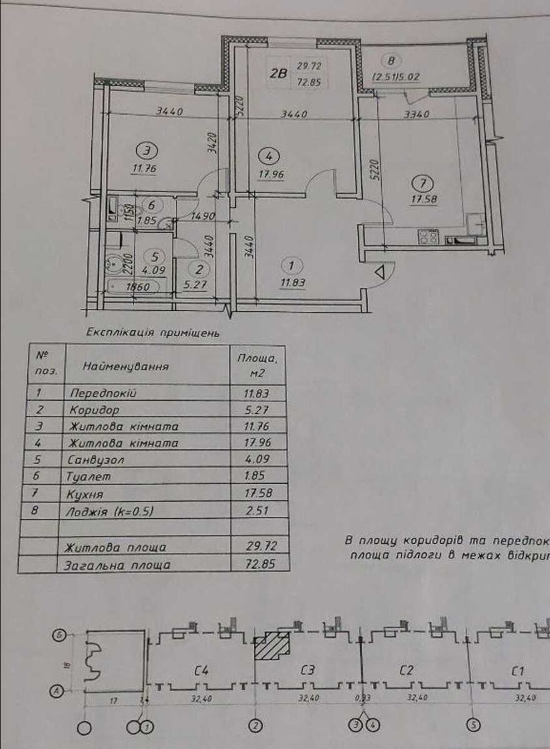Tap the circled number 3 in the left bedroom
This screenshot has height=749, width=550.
point(147,150)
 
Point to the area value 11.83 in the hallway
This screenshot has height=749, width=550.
point(293,281)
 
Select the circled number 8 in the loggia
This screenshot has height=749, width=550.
point(392,61)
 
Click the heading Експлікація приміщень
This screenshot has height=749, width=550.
point(152,333)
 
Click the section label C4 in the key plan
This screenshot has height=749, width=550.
point(201,671)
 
